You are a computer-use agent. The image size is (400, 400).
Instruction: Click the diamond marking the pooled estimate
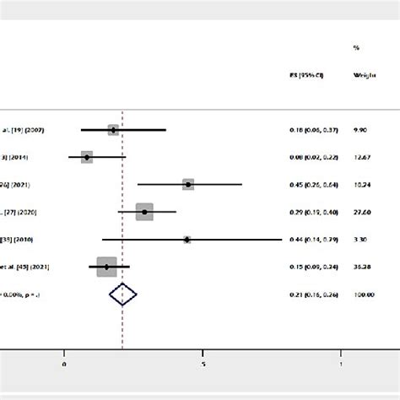pos(123,295)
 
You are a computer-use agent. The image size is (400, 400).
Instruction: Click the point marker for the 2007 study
pos(113,129)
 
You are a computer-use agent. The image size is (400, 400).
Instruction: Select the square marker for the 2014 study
pos(87,157)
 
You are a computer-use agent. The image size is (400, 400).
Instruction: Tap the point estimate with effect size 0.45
pos(188,184)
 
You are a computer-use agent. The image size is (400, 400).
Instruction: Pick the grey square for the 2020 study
pos(144,212)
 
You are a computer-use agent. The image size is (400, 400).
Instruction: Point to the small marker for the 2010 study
pos(186,239)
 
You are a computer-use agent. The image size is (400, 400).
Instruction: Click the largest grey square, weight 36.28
pos(106,267)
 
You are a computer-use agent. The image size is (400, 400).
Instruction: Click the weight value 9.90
pos(361,130)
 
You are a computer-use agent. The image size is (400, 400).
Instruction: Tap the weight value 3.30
pos(361,240)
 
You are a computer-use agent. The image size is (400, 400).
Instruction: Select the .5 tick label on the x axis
pos(203,365)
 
